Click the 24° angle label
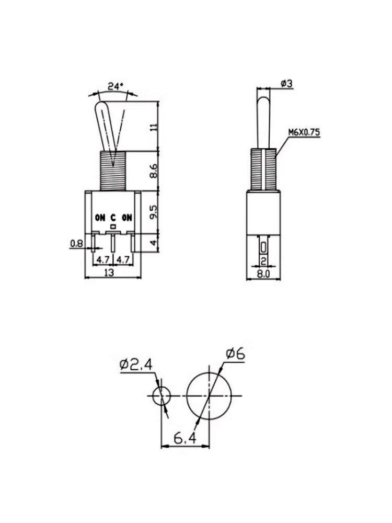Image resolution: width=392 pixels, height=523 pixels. click(x=116, y=86)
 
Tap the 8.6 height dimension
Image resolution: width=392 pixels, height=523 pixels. click(x=153, y=170)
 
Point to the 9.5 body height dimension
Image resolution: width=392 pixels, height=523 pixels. click(x=153, y=212)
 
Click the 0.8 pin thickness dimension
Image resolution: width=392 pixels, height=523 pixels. click(x=76, y=243)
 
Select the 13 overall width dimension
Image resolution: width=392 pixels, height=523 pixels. click(x=112, y=272)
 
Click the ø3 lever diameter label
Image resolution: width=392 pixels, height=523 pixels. click(x=286, y=84)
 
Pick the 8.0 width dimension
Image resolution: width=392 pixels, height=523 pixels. click(x=263, y=272)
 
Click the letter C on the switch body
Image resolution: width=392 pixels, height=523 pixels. click(x=112, y=218)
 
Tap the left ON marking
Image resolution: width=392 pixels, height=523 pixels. click(x=100, y=218)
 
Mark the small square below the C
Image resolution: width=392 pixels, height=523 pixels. click(x=112, y=226)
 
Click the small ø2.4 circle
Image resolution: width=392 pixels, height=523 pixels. click(x=162, y=396)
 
